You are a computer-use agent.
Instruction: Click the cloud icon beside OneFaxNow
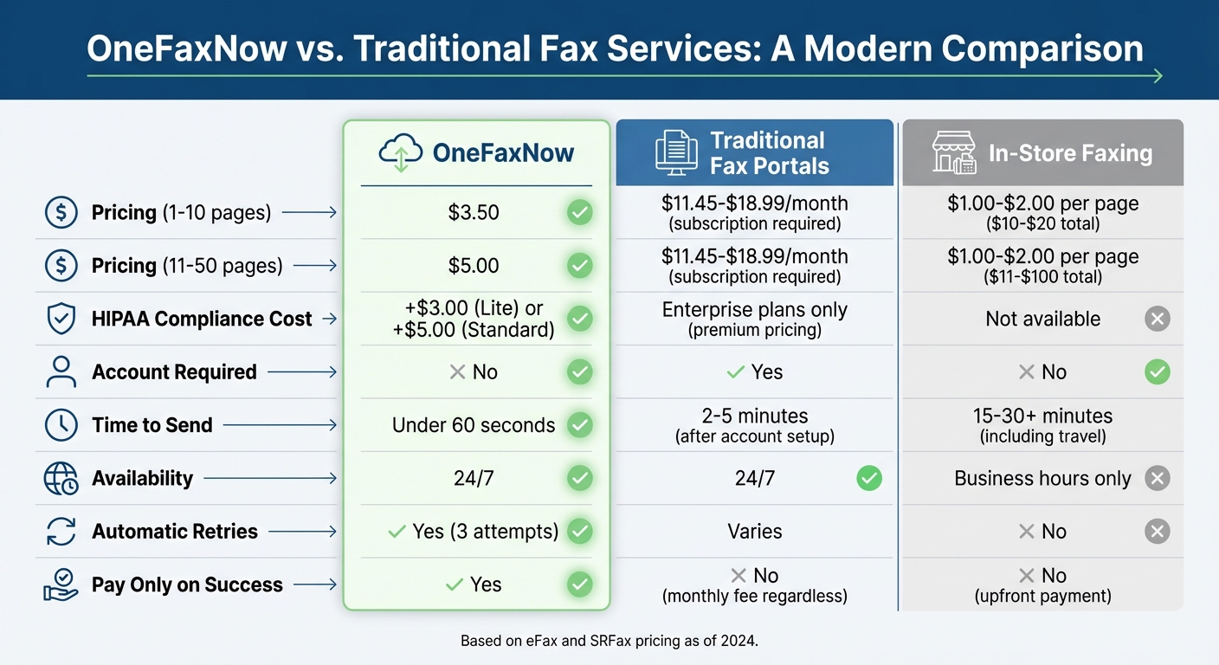pos(401,152)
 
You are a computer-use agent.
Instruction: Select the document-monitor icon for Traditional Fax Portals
pos(676,152)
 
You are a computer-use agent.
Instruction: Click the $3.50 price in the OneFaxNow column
pos(474,212)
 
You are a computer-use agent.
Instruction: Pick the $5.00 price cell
pos(474,266)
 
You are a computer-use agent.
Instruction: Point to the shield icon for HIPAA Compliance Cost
pos(61,319)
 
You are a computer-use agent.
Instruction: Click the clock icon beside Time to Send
pos(61,425)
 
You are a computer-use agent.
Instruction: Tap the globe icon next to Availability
pos(61,479)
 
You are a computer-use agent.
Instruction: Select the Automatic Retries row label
pos(175,532)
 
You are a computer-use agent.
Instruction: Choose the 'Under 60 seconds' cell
pos(474,425)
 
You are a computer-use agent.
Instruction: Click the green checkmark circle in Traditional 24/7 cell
pos(868,478)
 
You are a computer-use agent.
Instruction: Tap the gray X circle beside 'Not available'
pos(1157,319)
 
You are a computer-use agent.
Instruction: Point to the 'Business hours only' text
pos(1042,478)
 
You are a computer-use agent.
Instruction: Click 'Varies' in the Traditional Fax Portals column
pos(755,532)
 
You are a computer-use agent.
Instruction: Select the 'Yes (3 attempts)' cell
pos(474,531)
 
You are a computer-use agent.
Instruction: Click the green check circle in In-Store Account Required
pos(1157,372)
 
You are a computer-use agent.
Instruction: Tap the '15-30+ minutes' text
pos(1042,416)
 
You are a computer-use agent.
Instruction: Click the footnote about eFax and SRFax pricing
pos(609,642)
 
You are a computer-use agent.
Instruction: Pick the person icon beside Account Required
pos(61,372)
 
